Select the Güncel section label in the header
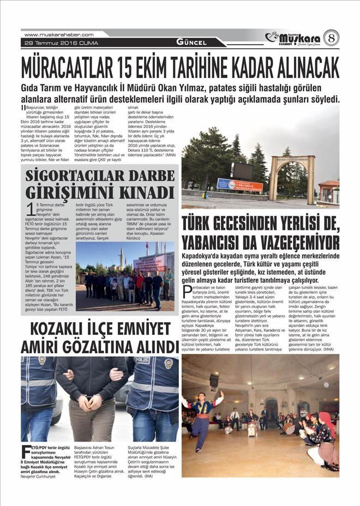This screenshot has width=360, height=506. point(191,42)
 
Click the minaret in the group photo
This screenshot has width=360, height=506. point(121,256)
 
